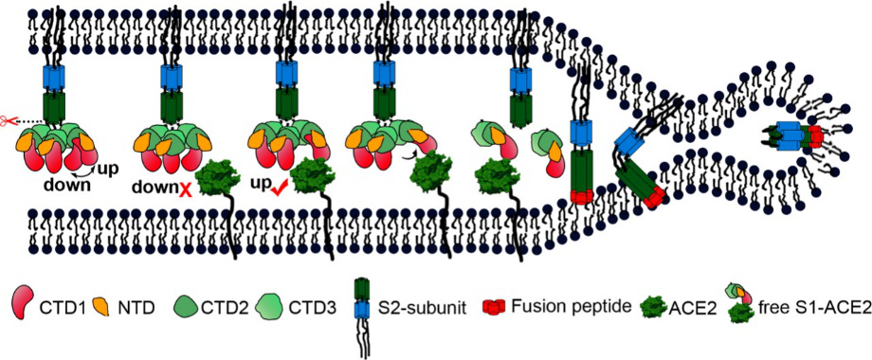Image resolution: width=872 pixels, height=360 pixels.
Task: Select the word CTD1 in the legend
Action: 55,306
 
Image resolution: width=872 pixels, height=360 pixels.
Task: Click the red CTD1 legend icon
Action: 24,306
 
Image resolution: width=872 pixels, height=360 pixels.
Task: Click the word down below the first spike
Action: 69,185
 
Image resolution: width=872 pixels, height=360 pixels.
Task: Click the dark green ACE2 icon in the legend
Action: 653,306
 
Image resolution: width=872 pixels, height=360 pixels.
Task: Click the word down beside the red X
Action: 154,189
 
